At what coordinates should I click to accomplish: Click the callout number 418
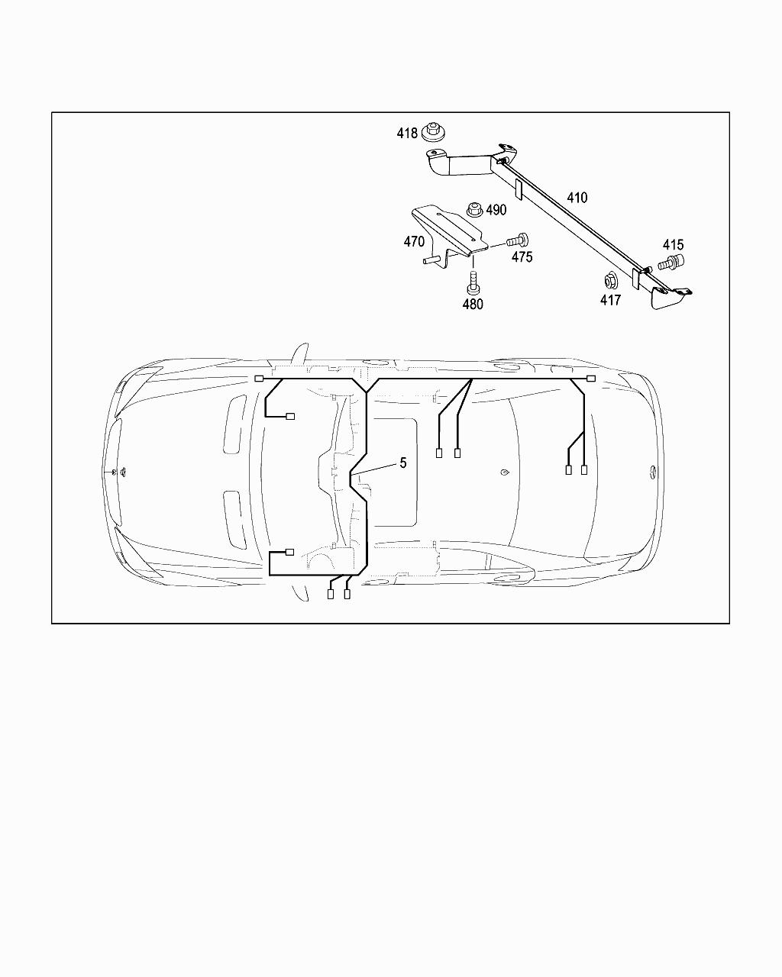tap(407, 133)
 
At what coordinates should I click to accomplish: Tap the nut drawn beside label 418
tap(434, 132)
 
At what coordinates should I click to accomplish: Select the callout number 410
tap(577, 198)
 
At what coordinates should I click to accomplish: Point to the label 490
tap(496, 210)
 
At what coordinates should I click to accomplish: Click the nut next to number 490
tap(475, 210)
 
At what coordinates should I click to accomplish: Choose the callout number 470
tap(414, 241)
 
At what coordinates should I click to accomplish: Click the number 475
tap(522, 257)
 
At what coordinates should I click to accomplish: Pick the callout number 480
tap(473, 305)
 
